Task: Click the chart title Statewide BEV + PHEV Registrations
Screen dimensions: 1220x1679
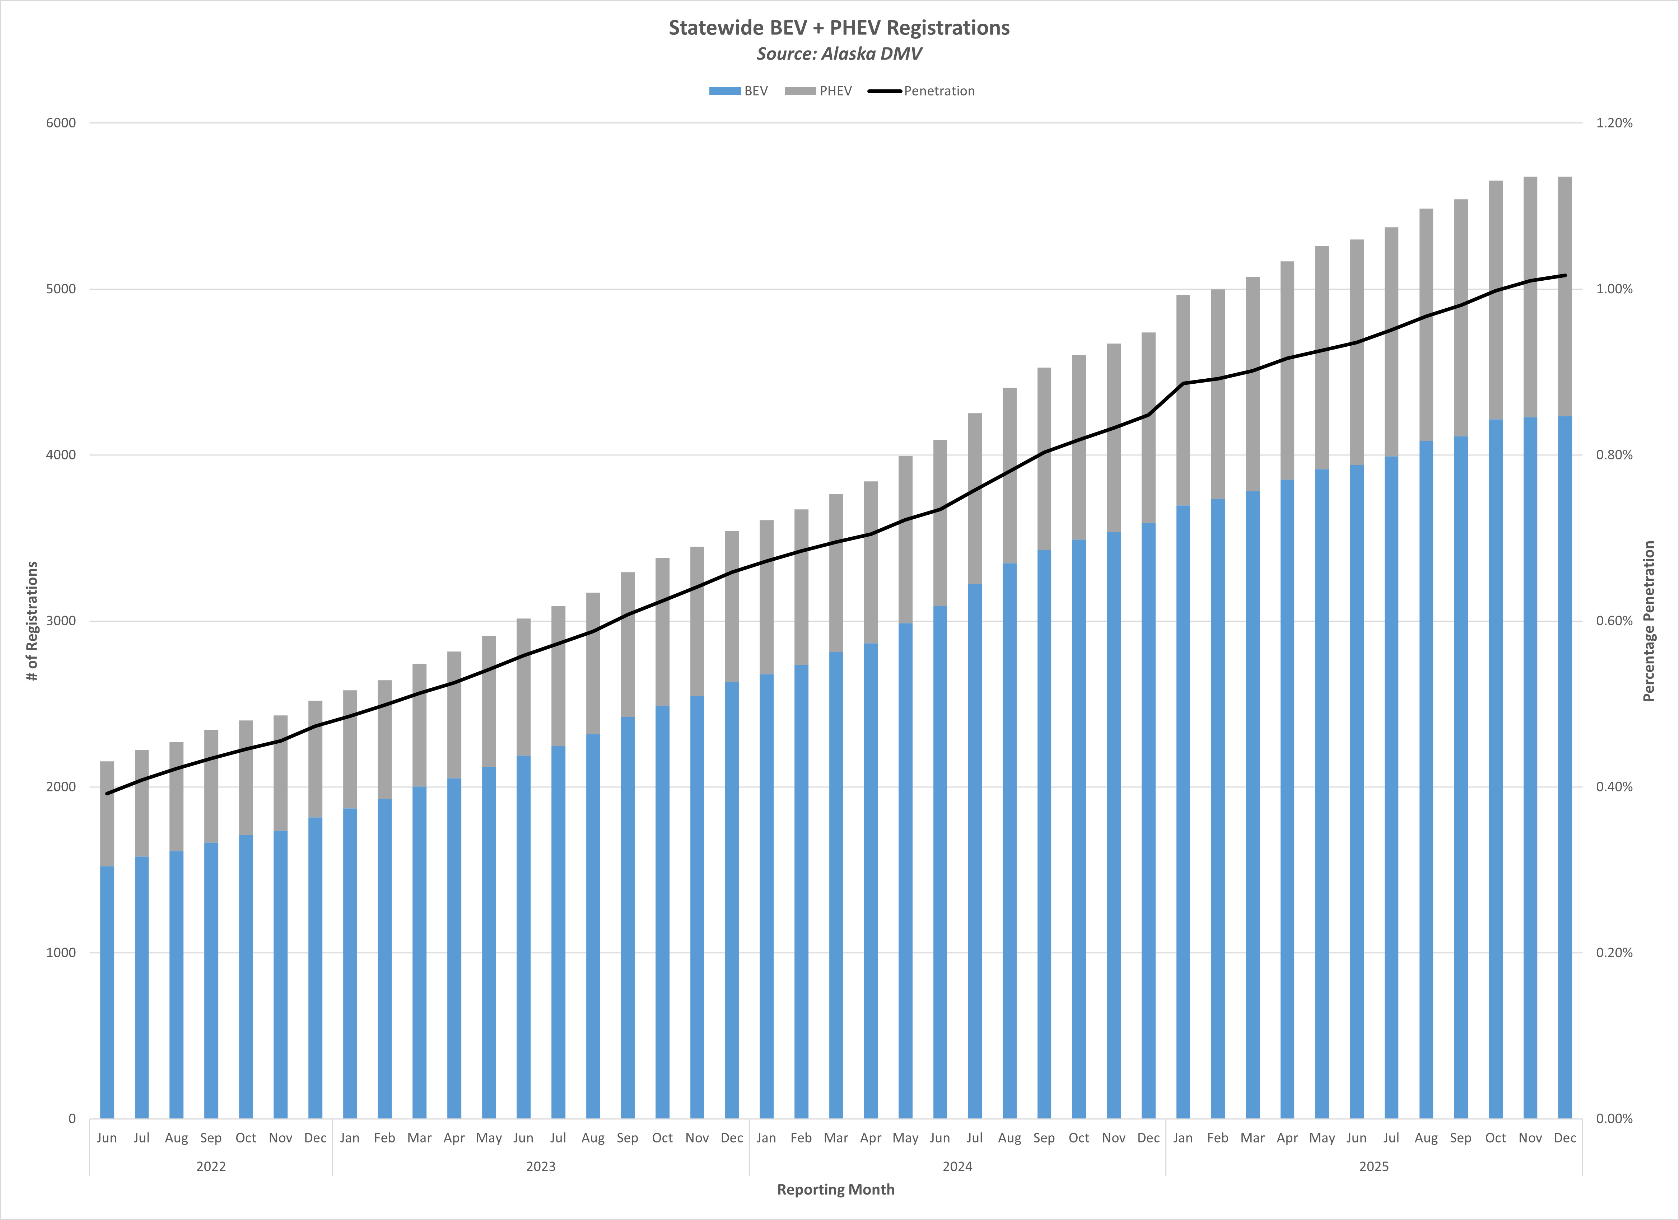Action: coord(839,28)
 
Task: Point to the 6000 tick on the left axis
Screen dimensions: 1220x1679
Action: coord(61,123)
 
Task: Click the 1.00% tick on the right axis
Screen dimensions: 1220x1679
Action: coord(1614,289)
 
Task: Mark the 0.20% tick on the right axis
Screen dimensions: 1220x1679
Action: coord(1614,953)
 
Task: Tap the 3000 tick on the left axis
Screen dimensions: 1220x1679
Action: coord(61,621)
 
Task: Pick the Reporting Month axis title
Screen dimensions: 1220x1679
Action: coord(836,1189)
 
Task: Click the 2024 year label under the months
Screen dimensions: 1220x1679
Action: coord(957,1167)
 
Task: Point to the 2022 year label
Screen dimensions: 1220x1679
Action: coord(211,1167)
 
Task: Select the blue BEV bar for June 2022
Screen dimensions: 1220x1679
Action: coord(107,992)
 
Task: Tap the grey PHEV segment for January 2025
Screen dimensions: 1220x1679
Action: coord(1183,400)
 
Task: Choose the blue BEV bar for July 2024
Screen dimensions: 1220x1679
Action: coord(975,851)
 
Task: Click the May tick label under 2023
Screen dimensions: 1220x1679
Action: coord(489,1138)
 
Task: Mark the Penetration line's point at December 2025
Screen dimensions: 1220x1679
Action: coord(1565,275)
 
